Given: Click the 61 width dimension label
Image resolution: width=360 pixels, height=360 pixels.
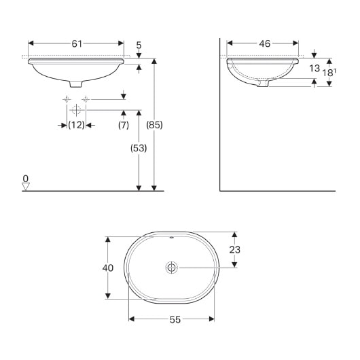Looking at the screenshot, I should [76, 43].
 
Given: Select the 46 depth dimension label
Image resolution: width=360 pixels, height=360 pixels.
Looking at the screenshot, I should [264, 43].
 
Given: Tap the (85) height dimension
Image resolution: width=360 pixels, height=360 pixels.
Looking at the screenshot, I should [156, 125].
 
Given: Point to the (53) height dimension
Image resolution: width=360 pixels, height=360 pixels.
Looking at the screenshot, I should [138, 147].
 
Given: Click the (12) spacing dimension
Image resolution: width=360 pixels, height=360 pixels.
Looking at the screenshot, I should [76, 125].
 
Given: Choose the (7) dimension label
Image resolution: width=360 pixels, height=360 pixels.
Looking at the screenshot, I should [123, 125].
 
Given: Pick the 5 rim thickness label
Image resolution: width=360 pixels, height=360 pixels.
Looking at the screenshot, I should [139, 47].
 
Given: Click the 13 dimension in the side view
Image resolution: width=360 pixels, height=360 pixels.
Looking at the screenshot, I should [314, 69].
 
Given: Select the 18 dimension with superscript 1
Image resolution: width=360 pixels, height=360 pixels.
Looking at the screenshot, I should [330, 72].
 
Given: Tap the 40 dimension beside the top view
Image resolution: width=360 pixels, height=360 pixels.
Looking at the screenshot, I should [107, 268].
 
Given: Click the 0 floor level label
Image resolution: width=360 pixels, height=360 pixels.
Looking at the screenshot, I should [25, 179].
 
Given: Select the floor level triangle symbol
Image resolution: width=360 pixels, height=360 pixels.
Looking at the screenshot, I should [25, 187].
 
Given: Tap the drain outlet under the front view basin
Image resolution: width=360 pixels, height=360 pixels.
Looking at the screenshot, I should [76, 83].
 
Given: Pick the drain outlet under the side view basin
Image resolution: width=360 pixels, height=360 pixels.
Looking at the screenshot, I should [265, 84].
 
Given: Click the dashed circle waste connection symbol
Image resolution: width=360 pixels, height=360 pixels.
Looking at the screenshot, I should [76, 109].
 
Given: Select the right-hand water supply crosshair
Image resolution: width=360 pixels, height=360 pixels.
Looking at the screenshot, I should [86, 99].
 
